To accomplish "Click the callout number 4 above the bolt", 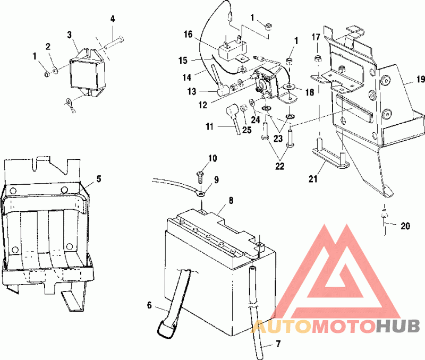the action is (x=113, y=19).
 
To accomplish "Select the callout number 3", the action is (x=70, y=35).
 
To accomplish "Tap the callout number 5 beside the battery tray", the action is (x=99, y=179).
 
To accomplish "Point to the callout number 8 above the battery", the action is (x=231, y=201).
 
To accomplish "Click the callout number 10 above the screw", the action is (x=213, y=158).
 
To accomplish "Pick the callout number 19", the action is (x=420, y=79).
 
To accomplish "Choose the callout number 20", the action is (x=405, y=226).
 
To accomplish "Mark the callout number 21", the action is (x=313, y=179).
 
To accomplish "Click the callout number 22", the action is (x=279, y=166).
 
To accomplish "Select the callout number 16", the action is (x=188, y=35).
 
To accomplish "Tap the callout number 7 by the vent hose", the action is (x=278, y=344).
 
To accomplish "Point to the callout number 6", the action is (x=149, y=305).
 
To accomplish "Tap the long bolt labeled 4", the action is (x=114, y=43).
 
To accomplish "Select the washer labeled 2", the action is (x=55, y=71).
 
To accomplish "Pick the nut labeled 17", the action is (x=316, y=59).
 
